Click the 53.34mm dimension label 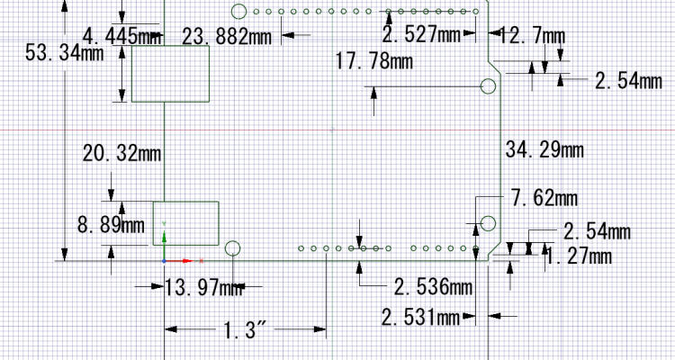click(65, 53)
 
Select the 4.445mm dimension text click(122, 35)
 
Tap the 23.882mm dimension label click(227, 37)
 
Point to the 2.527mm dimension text click(422, 34)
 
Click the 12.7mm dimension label click(532, 36)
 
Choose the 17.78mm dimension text click(373, 61)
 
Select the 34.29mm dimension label click(544, 150)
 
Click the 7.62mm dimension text click(544, 199)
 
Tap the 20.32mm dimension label click(121, 153)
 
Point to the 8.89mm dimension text click(111, 225)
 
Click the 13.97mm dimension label click(203, 288)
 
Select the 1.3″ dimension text click(245, 330)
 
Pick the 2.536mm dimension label click(434, 287)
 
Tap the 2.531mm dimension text click(420, 319)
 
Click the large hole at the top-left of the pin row click(238, 12)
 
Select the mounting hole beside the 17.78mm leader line click(488, 86)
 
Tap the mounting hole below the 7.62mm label click(488, 223)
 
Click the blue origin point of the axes click(164, 261)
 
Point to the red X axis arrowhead click(188, 261)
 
